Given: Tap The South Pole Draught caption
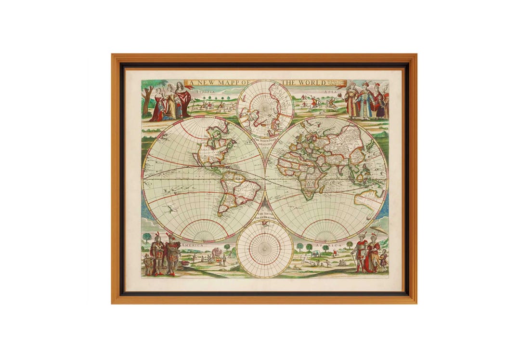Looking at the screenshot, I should point(265,216).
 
